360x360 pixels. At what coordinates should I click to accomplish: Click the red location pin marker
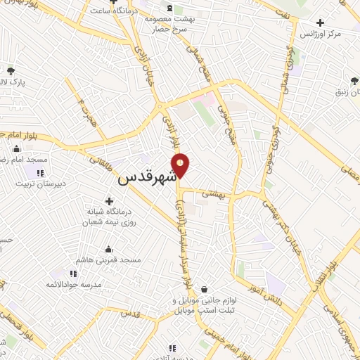[181, 165]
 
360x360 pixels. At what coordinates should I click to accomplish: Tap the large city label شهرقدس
[146, 178]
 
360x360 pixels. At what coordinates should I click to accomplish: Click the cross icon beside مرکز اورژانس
[321, 22]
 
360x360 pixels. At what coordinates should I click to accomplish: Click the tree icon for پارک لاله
[10, 70]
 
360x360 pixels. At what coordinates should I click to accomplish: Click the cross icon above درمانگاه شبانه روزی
[109, 202]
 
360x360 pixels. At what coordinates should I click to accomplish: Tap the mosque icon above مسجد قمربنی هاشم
[109, 248]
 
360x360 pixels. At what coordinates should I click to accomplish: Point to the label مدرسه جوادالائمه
[77, 285]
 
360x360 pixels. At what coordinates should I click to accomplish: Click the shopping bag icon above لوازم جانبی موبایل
[204, 289]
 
